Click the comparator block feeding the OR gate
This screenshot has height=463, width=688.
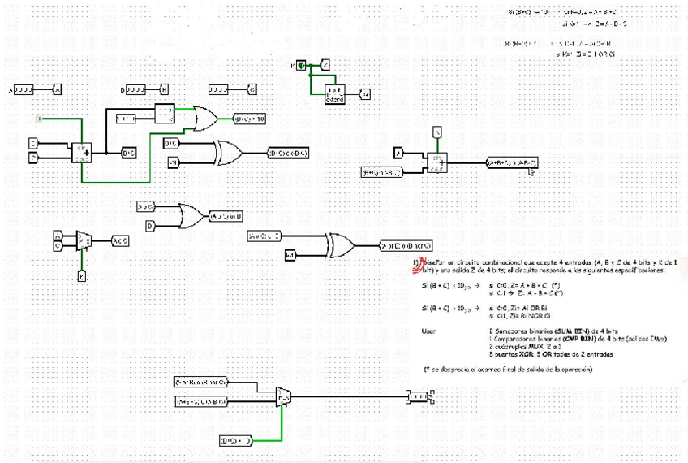(166, 114)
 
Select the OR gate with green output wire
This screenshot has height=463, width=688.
(204, 119)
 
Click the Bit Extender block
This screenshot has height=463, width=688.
(334, 94)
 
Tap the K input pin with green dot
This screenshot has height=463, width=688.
(299, 64)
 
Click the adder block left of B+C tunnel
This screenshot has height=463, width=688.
(84, 152)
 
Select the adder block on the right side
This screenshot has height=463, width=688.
(436, 162)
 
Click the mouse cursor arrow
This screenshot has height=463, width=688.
(532, 171)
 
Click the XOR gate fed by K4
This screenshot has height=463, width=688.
(339, 244)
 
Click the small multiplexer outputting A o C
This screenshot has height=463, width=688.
(83, 240)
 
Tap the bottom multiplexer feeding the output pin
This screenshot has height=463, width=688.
(283, 396)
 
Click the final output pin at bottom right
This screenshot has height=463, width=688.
(419, 396)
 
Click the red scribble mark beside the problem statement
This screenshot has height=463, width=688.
(419, 263)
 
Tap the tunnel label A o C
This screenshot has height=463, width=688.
(119, 240)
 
